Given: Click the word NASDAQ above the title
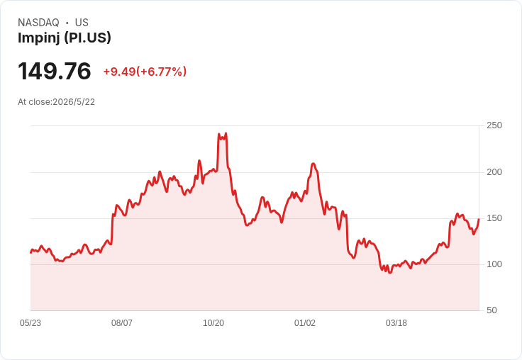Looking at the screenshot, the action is [x=38, y=23].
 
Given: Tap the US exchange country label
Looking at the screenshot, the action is [x=82, y=23].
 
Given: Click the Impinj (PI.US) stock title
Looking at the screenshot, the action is [x=65, y=38].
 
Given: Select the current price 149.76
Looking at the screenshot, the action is [x=55, y=71].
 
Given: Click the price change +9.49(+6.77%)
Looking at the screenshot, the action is [x=145, y=72].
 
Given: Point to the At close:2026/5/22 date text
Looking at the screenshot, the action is [x=56, y=102].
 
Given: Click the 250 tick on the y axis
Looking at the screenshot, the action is [x=494, y=125].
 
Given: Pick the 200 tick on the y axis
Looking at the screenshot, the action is [x=494, y=172].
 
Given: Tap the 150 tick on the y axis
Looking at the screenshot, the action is [x=494, y=218].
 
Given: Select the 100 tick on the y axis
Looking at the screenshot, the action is [x=494, y=264].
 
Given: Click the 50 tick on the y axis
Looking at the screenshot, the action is [x=492, y=310].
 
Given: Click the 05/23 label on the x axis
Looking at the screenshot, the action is [x=30, y=323].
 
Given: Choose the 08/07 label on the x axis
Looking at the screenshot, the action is [x=122, y=323].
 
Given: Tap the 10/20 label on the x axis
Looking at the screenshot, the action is [x=213, y=323].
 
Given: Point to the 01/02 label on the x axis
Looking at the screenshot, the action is [x=304, y=323].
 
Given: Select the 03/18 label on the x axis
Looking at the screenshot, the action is [x=396, y=323].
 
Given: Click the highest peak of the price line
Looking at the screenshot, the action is [x=226, y=133].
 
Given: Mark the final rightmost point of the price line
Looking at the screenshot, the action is [x=479, y=219].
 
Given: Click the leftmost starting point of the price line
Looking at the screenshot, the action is [x=31, y=252].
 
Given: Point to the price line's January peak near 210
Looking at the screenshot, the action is [x=313, y=164].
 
